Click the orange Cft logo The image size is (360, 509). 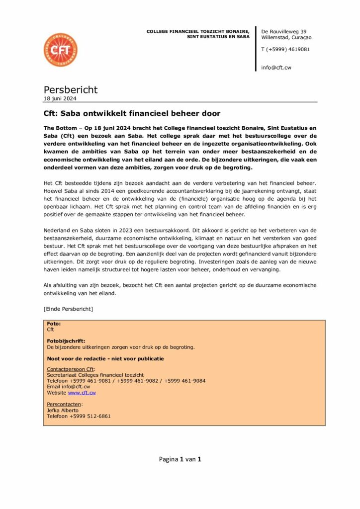coord(60,50)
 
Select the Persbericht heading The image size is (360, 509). coord(71,90)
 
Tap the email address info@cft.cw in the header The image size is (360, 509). coord(276,68)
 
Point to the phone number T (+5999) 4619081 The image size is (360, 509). coord(285,49)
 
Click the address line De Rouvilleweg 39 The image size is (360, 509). coord(284,31)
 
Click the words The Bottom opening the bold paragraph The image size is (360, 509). coord(61,128)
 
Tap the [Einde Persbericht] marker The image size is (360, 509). coord(68,309)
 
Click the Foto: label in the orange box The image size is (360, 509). coord(54,324)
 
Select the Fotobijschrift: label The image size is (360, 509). coord(66,341)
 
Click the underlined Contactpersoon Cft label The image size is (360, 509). coord(71,369)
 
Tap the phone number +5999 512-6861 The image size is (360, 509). coord(90,417)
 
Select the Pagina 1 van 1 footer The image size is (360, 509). coord(180,460)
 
